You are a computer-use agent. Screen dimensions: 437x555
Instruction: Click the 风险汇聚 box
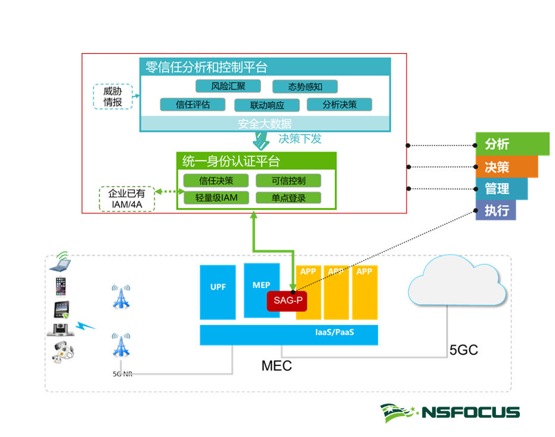coord(228,86)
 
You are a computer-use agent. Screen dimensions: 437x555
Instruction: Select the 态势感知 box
coord(305,86)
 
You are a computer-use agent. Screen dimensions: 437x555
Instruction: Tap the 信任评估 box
coord(193,104)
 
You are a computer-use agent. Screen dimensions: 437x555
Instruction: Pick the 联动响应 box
coord(266,106)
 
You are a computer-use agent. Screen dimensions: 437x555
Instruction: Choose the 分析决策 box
coord(339,104)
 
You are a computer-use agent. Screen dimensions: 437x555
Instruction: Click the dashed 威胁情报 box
coord(113,97)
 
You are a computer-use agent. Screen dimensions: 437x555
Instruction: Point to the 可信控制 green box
coord(289,181)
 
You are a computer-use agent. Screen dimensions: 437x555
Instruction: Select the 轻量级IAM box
coord(215,198)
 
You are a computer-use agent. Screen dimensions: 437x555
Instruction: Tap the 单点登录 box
coord(289,198)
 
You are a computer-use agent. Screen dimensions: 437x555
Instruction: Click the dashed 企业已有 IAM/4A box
coord(126,199)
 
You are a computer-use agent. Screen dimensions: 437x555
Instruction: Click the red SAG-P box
coord(287,301)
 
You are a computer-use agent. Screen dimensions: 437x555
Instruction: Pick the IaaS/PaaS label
coord(334,332)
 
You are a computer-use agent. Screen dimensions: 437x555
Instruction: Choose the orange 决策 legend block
coord(506,167)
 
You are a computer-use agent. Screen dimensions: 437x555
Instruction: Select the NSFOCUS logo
coord(450,412)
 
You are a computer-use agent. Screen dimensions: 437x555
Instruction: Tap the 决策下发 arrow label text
coord(300,139)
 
